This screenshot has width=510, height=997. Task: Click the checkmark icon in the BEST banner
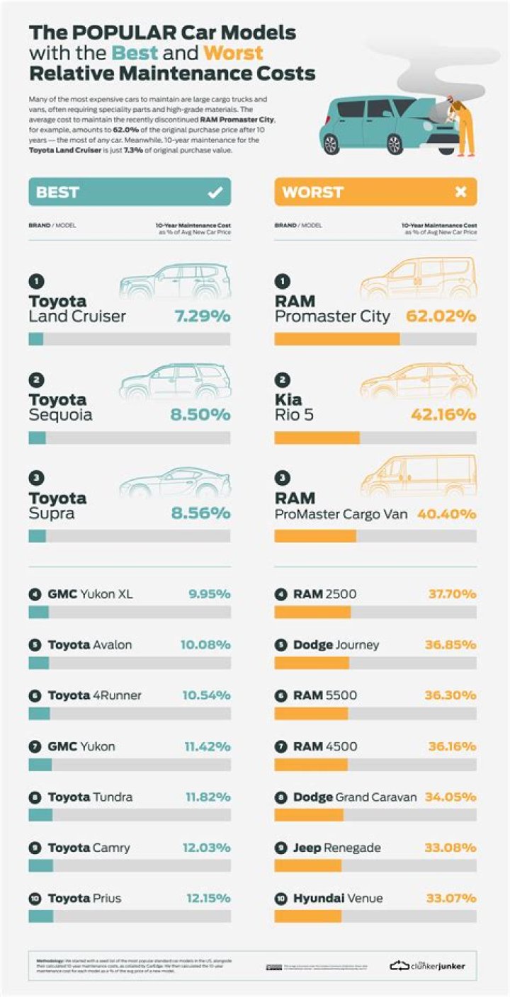click(214, 192)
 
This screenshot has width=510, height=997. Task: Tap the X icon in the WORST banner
click(460, 192)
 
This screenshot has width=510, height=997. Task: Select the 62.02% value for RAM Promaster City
click(441, 316)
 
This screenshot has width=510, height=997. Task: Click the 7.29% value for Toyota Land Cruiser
click(203, 316)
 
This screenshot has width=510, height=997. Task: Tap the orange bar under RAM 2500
click(312, 612)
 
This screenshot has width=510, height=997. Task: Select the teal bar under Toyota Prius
click(40, 916)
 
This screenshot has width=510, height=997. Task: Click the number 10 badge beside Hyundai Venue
click(280, 899)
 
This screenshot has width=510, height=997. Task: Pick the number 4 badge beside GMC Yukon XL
click(35, 594)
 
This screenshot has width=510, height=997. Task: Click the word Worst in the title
click(233, 52)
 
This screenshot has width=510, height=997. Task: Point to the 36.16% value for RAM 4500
click(452, 746)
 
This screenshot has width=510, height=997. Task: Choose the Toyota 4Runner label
click(94, 695)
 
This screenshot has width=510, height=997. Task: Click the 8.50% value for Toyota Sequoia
click(200, 414)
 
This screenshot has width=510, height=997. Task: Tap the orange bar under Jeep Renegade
click(308, 865)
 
